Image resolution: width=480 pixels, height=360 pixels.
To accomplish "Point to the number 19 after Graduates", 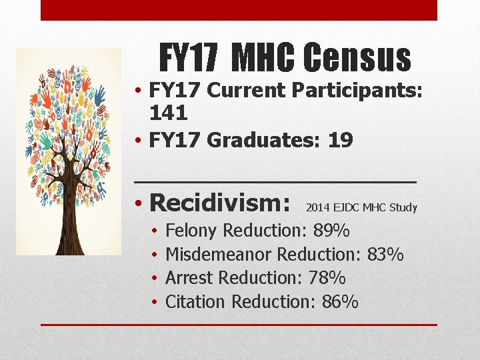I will coord(340,141).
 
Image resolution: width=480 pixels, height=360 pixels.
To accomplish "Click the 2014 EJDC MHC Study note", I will coord(361,208).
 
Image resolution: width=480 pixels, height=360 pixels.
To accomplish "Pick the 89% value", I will coord(331,231).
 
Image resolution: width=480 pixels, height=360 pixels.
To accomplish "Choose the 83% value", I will coord(385,255).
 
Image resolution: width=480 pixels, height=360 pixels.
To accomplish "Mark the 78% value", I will coord(327,278).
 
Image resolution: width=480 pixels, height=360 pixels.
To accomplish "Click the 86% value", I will coord(340,302).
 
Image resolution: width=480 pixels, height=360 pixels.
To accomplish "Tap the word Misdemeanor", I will coord(218,255).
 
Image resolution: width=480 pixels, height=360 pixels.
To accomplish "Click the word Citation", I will coord(195,302).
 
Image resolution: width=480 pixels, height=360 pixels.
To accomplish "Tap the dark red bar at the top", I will coord(239,10).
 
